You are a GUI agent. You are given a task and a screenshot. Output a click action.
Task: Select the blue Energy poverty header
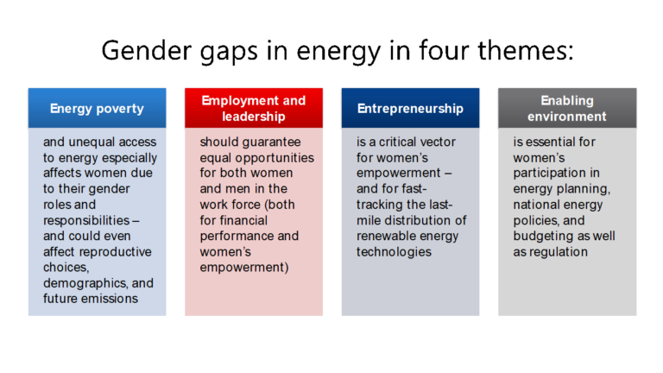pos(97,109)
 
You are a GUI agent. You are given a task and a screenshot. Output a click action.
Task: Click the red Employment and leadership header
pos(253,109)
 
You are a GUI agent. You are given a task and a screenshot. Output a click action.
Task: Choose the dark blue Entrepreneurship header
pos(410,109)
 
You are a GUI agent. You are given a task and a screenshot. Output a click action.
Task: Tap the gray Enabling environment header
pos(567,109)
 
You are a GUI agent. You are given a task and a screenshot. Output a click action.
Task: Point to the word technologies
pos(394,252)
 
